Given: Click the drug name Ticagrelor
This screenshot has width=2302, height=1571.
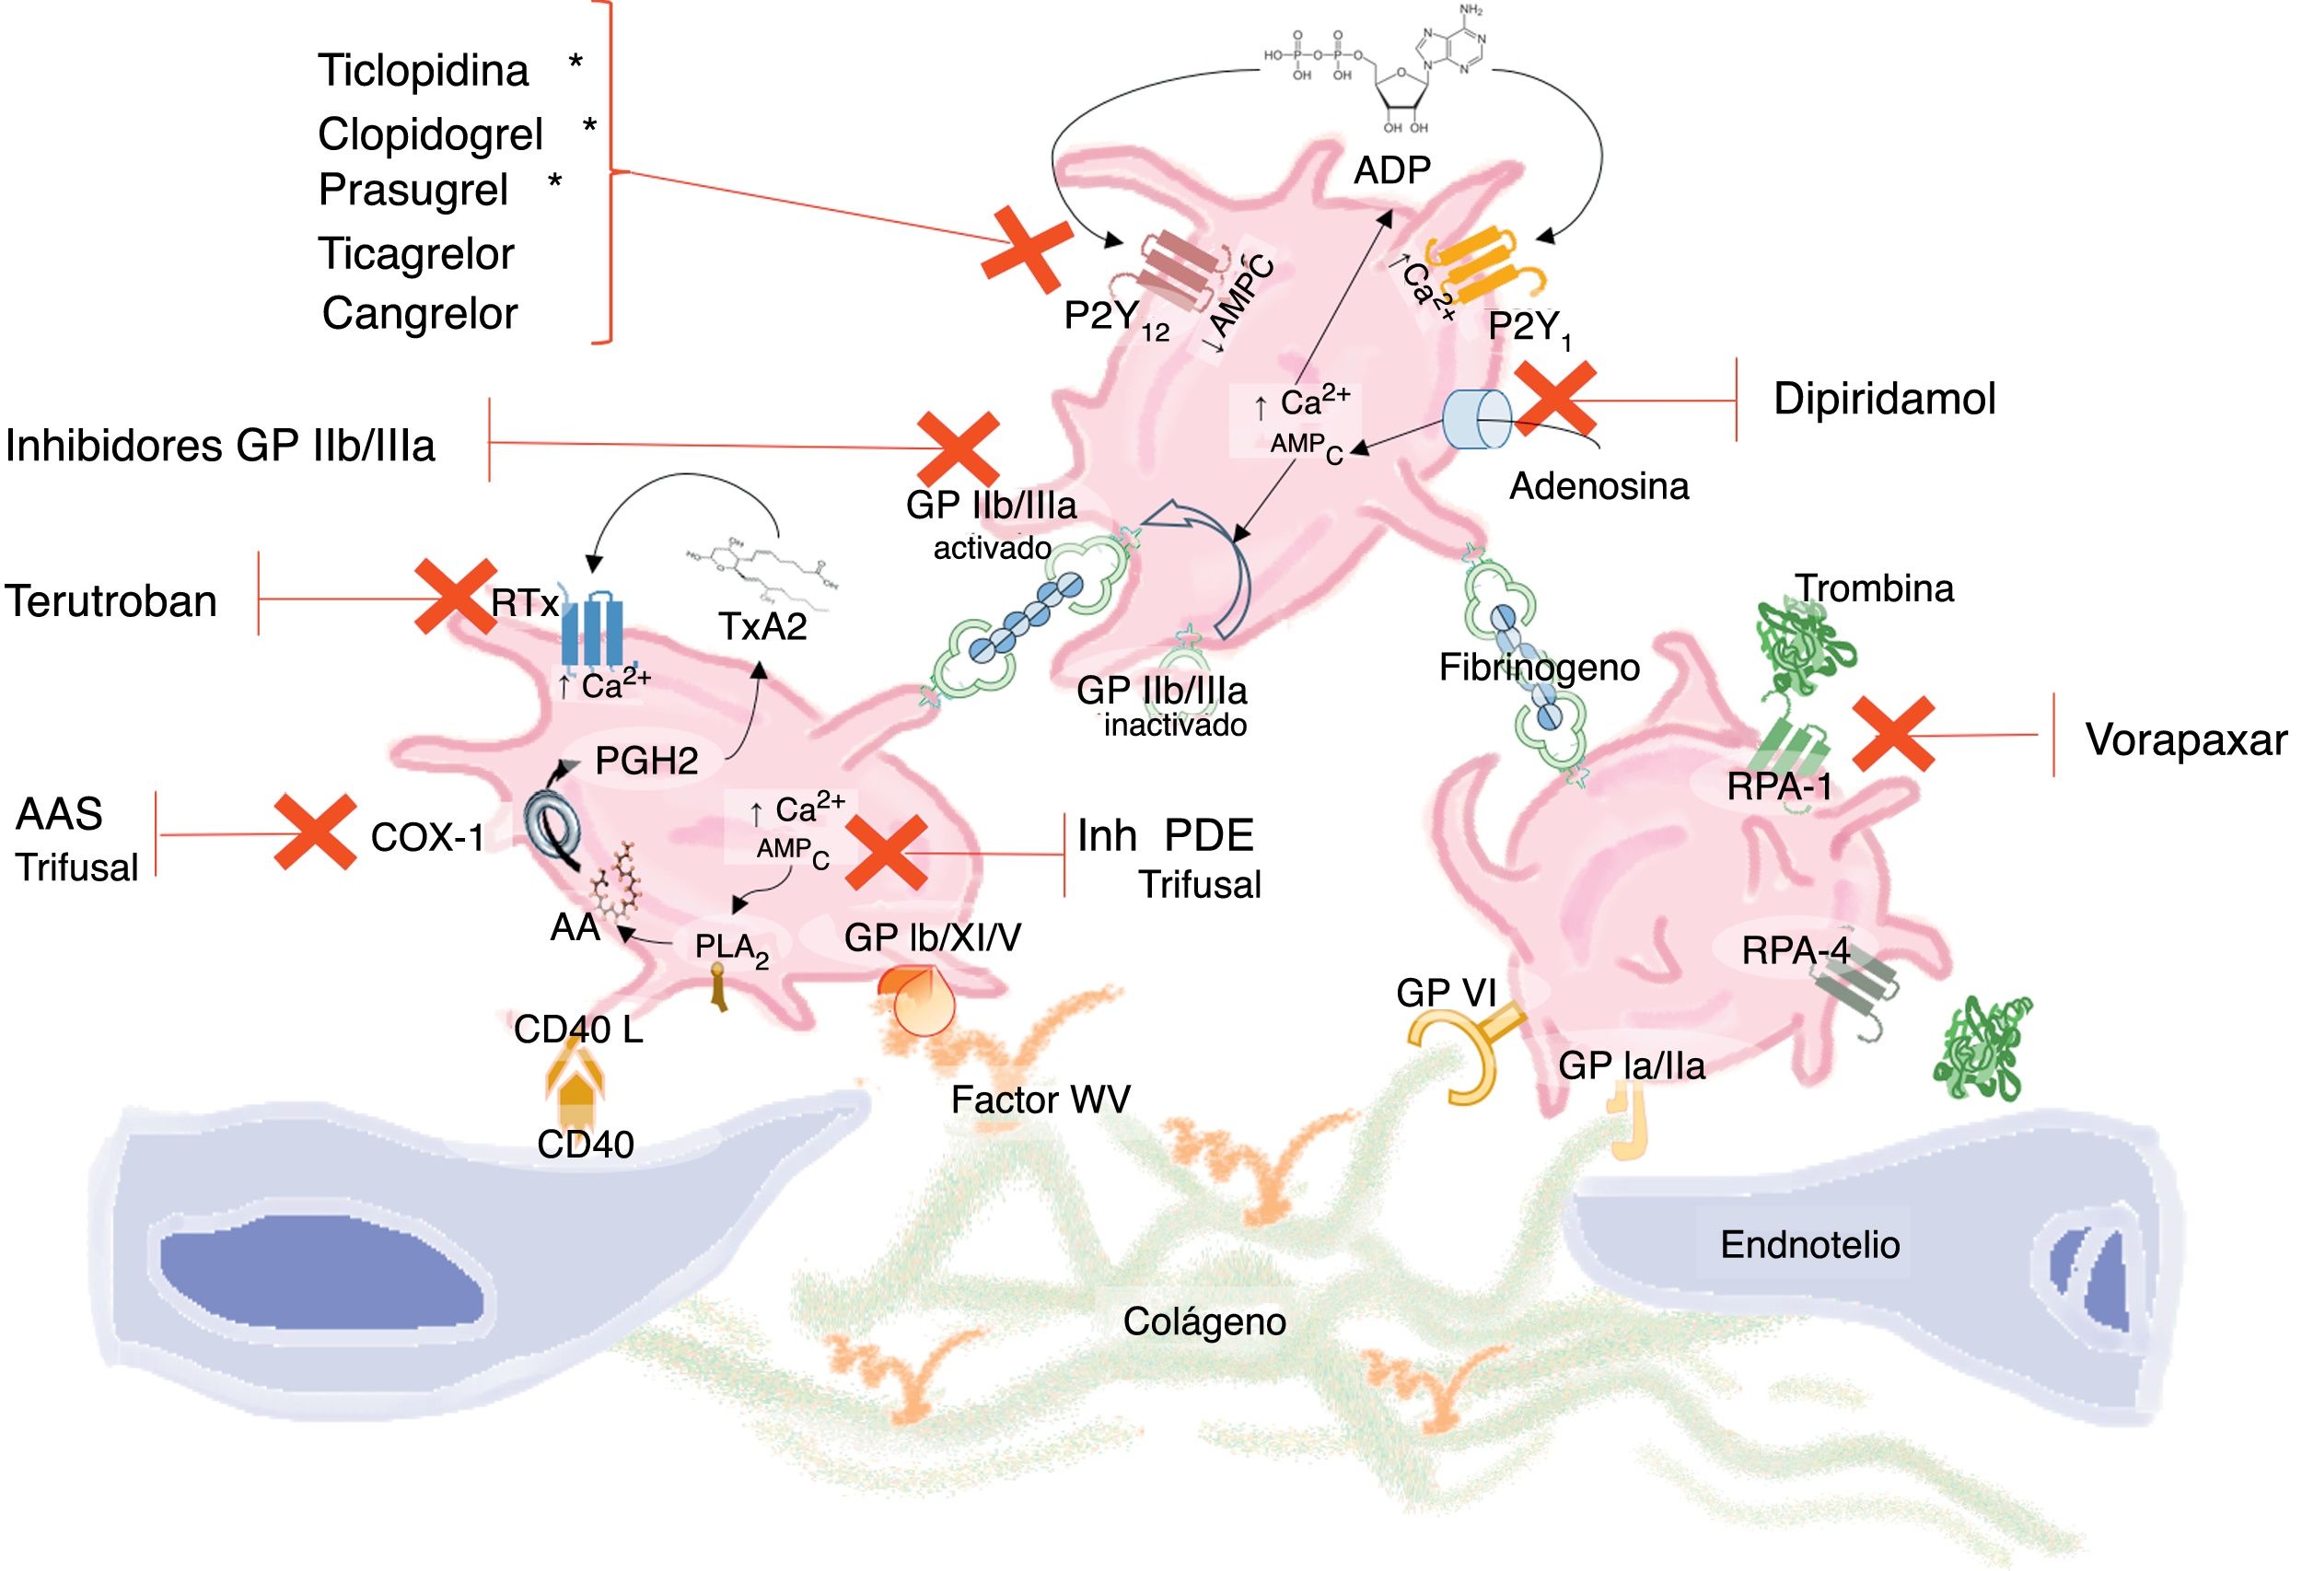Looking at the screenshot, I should point(416,254).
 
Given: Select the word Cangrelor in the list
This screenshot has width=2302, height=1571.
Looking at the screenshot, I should point(420,314).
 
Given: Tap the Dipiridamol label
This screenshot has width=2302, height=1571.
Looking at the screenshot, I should point(1884,399).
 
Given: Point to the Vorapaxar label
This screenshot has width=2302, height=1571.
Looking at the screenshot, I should point(2186,740).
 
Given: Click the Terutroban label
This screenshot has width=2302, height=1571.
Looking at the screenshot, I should point(110,601).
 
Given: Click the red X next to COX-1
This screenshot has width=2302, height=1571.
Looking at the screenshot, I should point(315,832).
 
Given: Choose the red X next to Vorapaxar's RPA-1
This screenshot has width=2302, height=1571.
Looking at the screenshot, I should point(1893,734).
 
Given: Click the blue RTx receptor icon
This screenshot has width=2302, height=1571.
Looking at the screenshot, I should point(591,631).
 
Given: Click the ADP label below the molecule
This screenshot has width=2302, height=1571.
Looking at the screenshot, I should point(1391,170).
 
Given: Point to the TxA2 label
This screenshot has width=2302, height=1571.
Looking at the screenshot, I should point(762,626).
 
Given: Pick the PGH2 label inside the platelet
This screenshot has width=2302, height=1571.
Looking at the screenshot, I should point(645,761).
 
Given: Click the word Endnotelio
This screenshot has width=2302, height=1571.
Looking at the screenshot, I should point(1809,1245).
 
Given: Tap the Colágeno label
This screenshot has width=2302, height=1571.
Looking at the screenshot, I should point(1203,1321).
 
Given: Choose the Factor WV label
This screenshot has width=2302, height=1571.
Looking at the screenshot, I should point(1041,1100).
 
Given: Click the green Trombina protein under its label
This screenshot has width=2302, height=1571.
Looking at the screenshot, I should point(1803,649).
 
